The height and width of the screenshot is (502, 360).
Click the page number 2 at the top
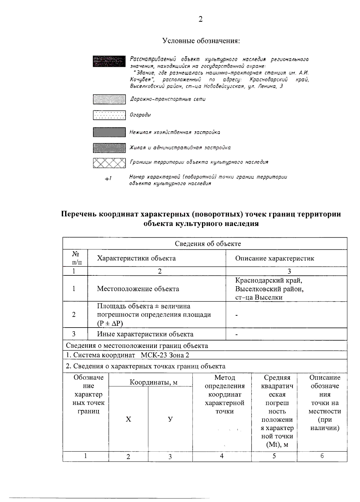(x=200, y=19)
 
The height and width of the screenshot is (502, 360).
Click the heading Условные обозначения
(x=201, y=40)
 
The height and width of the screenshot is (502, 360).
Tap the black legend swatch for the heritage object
(x=109, y=61)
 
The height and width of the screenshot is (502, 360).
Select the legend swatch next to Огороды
(x=109, y=115)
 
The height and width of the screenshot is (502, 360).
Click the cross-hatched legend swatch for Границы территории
(x=109, y=163)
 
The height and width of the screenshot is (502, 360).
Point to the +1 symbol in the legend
(x=108, y=179)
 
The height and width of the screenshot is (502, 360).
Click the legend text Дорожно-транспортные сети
(x=168, y=99)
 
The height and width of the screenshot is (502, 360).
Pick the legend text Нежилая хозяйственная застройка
(x=175, y=132)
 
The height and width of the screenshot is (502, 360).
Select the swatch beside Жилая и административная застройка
(x=109, y=148)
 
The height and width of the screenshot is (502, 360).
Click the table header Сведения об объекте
(x=208, y=244)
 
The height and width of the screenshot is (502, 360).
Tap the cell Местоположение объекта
(x=138, y=289)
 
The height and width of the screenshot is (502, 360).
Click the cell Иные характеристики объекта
(x=145, y=334)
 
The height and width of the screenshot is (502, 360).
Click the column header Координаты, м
(x=153, y=382)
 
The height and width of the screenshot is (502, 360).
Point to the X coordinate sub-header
(x=128, y=419)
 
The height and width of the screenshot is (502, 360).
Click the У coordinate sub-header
(x=170, y=419)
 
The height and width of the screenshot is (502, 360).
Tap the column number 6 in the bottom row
(x=322, y=456)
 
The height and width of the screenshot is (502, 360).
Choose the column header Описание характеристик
(x=274, y=258)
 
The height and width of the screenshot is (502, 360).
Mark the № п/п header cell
(x=75, y=258)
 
